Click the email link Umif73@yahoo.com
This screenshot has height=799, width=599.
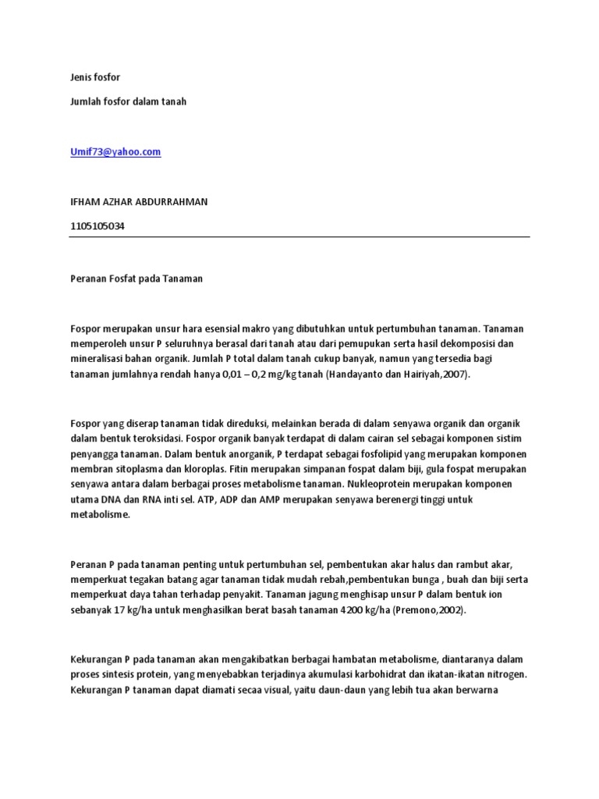pyautogui.click(x=115, y=153)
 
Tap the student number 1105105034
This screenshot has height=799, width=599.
pyautogui.click(x=97, y=226)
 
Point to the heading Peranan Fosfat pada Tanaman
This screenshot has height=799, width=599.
pyautogui.click(x=136, y=279)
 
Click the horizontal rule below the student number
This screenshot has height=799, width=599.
pyautogui.click(x=299, y=237)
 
